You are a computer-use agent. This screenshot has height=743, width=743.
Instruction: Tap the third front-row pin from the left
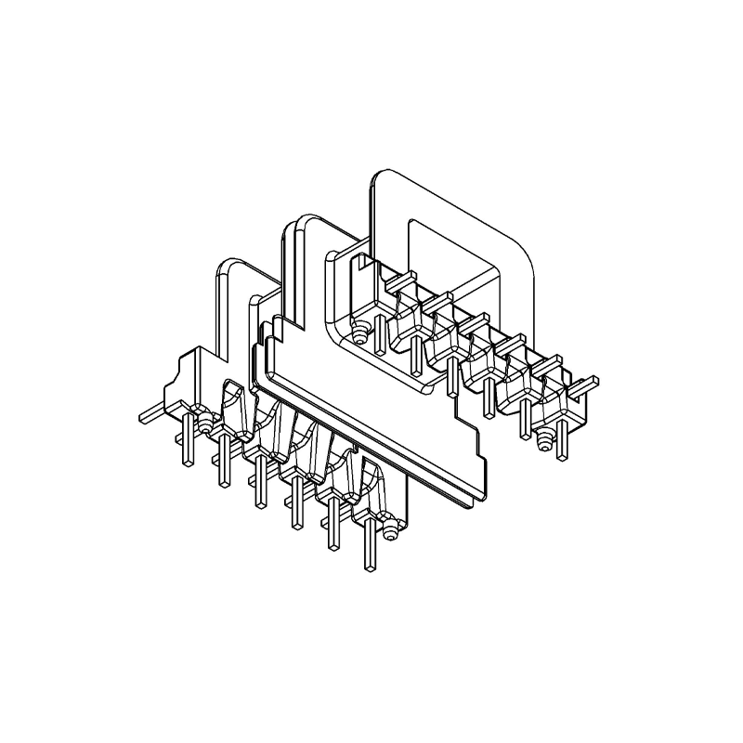(259, 485)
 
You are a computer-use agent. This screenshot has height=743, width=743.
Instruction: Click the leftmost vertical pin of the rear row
(380, 334)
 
